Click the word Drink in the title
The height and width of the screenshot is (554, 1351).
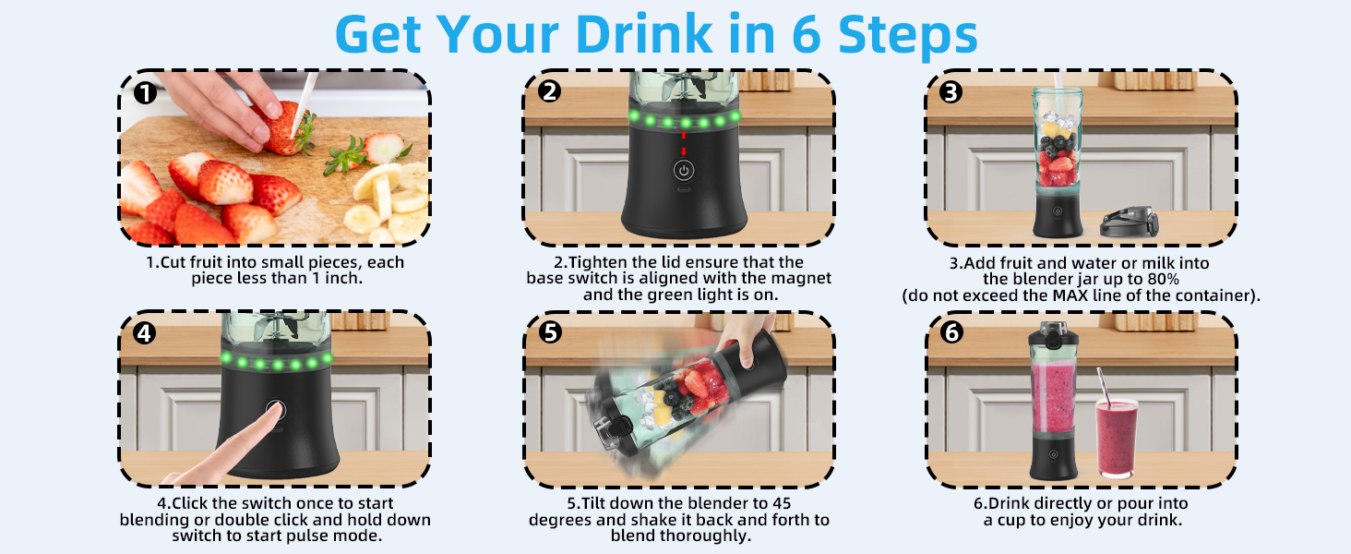[x=644, y=34]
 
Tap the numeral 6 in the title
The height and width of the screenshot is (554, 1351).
[x=807, y=35]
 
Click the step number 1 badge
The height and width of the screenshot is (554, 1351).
[x=145, y=93]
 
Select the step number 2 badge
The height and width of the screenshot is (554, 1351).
[x=549, y=91]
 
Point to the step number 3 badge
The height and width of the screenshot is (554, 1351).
[x=951, y=92]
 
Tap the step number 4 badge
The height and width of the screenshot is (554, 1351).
[x=145, y=333]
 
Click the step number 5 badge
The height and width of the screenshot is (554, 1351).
[x=550, y=331]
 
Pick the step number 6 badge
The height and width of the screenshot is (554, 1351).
[x=951, y=331]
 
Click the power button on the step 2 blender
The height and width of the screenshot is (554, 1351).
[x=683, y=171]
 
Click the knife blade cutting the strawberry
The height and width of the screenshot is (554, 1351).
[x=304, y=103]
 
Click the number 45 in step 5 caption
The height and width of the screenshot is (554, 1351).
[x=782, y=503]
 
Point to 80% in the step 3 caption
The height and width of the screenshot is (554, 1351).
[x=1162, y=280]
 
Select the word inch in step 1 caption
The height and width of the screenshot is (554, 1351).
[x=342, y=278]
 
